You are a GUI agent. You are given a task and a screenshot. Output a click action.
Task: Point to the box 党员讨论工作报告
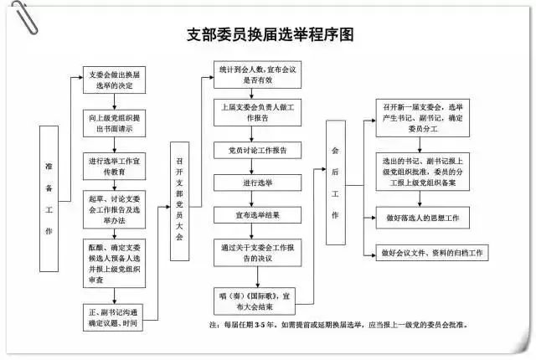click(x=257, y=150)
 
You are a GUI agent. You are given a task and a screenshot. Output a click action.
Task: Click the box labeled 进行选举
click(x=257, y=182)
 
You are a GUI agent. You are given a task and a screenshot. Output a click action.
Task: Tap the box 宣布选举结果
click(x=257, y=215)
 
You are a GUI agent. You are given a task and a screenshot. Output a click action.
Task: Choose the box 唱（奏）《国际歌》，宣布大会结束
click(x=257, y=301)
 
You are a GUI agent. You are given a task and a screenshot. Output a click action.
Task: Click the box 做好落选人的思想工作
click(x=433, y=218)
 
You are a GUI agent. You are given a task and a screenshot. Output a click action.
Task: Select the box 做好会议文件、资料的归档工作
click(x=433, y=253)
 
